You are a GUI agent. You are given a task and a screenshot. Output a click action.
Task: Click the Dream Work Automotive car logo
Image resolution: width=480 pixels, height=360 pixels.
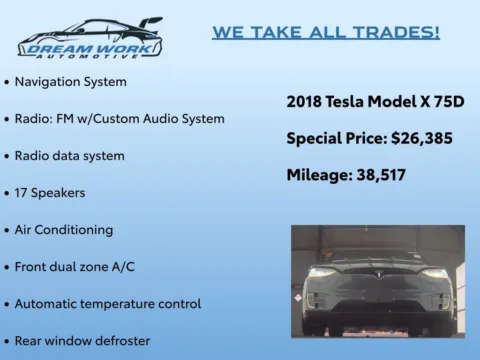(89, 38)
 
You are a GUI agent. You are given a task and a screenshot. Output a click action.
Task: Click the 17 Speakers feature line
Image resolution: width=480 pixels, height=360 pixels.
(50, 192)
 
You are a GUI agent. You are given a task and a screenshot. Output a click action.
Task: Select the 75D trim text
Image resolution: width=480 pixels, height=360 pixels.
(452, 102)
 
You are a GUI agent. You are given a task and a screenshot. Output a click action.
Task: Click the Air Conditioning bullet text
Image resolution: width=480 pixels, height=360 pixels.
(64, 229)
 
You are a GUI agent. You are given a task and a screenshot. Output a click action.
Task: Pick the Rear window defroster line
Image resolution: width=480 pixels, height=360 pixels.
(82, 341)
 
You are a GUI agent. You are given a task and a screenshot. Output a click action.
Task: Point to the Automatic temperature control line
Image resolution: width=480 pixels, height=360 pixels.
(108, 303)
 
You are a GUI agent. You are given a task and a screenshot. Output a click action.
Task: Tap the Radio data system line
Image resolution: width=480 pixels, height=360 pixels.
(69, 155)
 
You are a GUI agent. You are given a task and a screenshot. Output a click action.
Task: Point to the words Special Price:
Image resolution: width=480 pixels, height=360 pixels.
(329, 138)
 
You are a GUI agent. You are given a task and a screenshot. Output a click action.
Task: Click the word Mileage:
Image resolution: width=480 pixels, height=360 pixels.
(319, 175)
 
